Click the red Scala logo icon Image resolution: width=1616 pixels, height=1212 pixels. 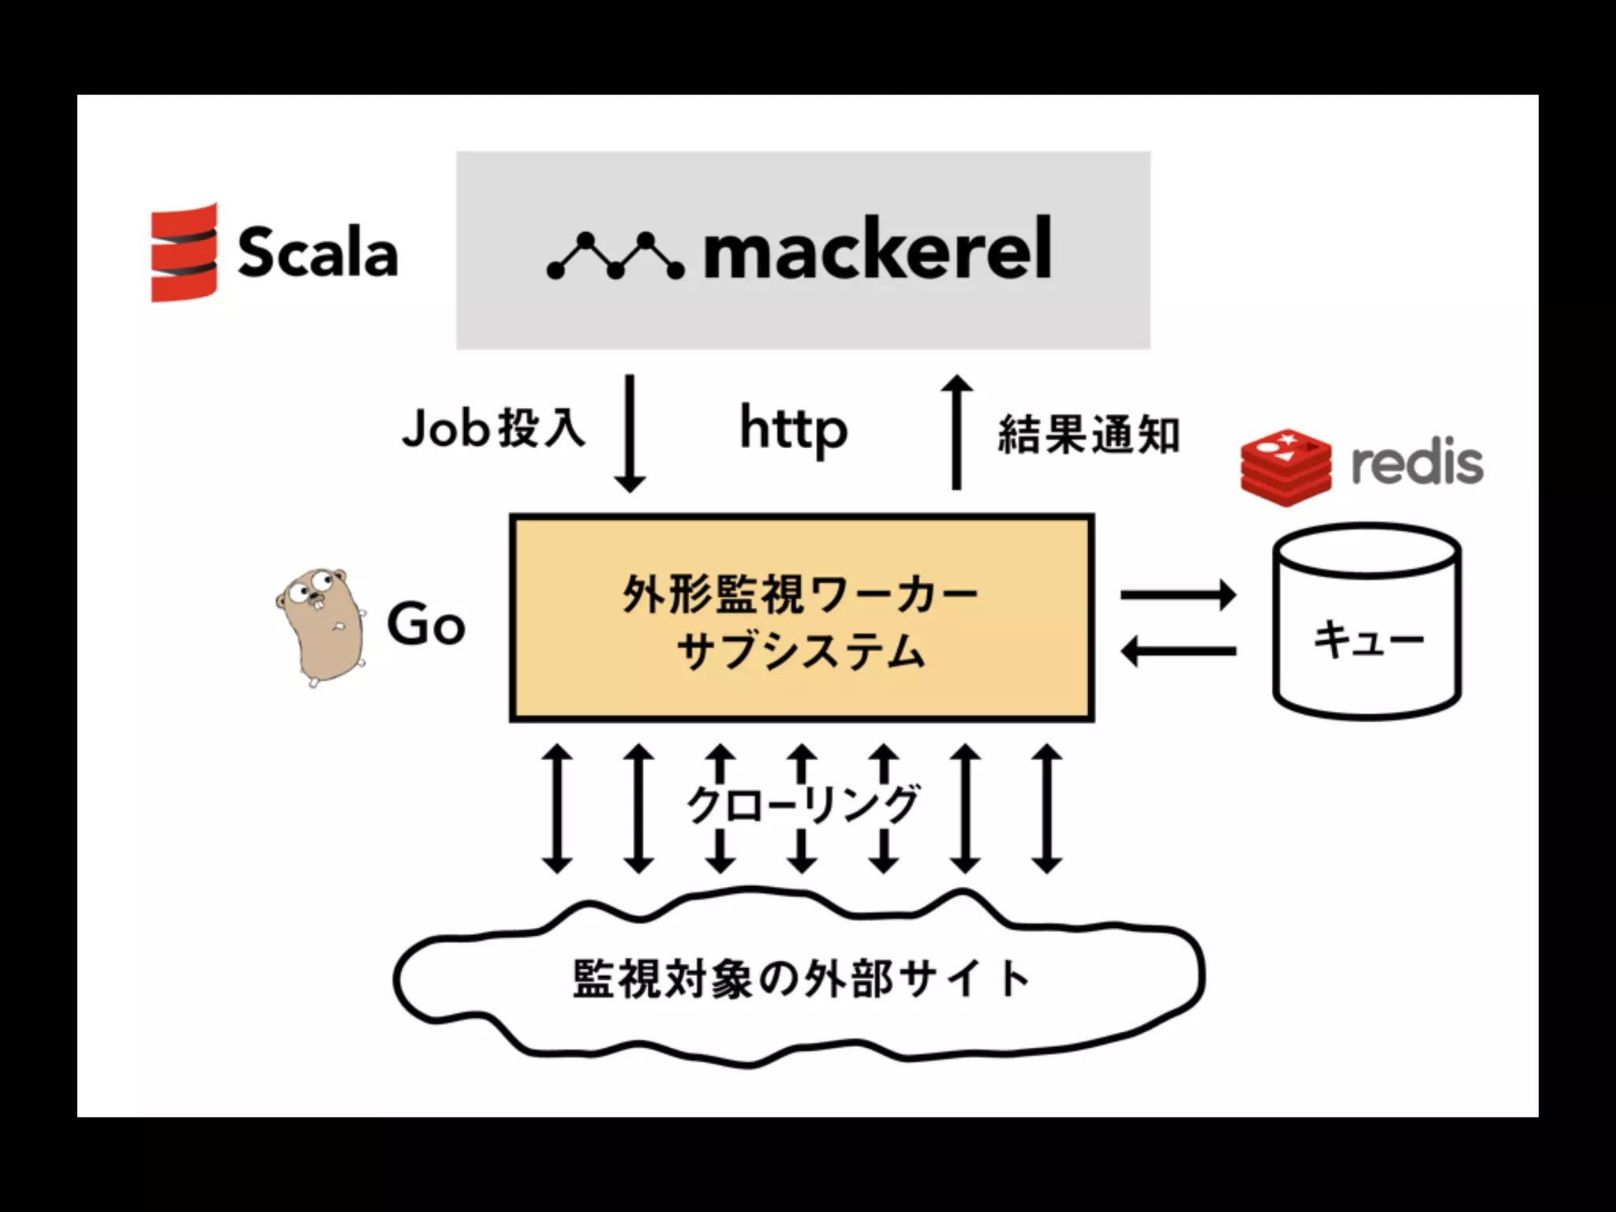pyautogui.click(x=184, y=252)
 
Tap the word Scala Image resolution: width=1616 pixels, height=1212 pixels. pyautogui.click(x=317, y=252)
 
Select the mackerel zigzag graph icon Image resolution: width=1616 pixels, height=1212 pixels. pyautogui.click(x=615, y=256)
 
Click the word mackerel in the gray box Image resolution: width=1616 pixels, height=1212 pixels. pyautogui.click(x=877, y=249)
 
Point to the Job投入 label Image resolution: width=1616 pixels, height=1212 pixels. pyautogui.click(x=493, y=429)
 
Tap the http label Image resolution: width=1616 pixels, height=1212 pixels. pyautogui.click(x=793, y=429)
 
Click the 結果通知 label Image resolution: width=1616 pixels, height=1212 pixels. pyautogui.click(x=1089, y=434)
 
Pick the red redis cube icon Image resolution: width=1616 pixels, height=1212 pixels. pyautogui.click(x=1285, y=466)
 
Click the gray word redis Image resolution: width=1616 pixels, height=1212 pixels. pyautogui.click(x=1417, y=464)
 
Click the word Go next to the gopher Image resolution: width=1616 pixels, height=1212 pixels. pyautogui.click(x=426, y=625)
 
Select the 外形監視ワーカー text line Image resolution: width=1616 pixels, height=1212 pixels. pyautogui.click(x=800, y=593)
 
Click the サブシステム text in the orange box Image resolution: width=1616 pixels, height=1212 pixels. pyautogui.click(x=800, y=652)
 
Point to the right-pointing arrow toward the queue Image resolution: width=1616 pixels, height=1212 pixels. pyautogui.click(x=1177, y=595)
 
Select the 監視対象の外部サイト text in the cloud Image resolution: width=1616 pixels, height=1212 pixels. pyautogui.click(x=800, y=978)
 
